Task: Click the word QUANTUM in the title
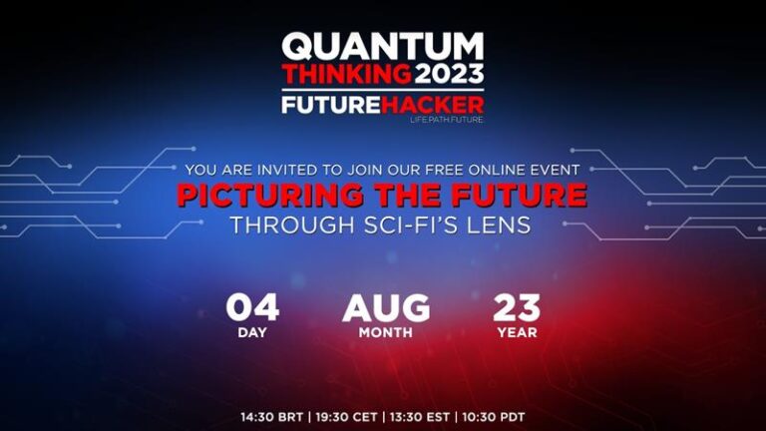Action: click(x=382, y=46)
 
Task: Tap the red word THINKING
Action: click(x=346, y=74)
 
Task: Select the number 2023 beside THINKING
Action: click(x=449, y=74)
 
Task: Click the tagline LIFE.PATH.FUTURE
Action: click(x=446, y=120)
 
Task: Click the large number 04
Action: click(x=252, y=308)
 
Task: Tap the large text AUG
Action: click(x=386, y=308)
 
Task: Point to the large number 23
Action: click(x=516, y=308)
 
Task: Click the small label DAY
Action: click(x=252, y=332)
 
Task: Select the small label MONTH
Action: click(x=386, y=332)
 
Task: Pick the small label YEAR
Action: click(x=517, y=332)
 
